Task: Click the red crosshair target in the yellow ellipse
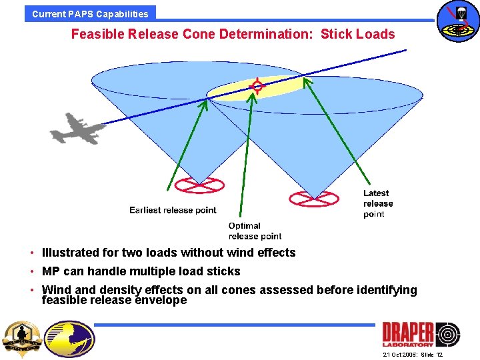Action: pyautogui.click(x=257, y=85)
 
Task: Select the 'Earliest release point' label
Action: pyautogui.click(x=173, y=210)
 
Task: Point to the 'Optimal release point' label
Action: pyautogui.click(x=255, y=231)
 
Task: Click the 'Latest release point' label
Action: pyautogui.click(x=378, y=203)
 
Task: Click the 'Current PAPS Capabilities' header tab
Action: pyautogui.click(x=90, y=13)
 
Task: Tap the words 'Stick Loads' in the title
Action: pyautogui.click(x=357, y=34)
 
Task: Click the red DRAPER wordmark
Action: pyautogui.click(x=407, y=333)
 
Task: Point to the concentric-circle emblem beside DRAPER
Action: pyautogui.click(x=447, y=334)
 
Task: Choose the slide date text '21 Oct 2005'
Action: pyautogui.click(x=400, y=355)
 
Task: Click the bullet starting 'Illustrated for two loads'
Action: pyautogui.click(x=168, y=253)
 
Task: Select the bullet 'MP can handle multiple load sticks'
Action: pyautogui.click(x=141, y=271)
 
